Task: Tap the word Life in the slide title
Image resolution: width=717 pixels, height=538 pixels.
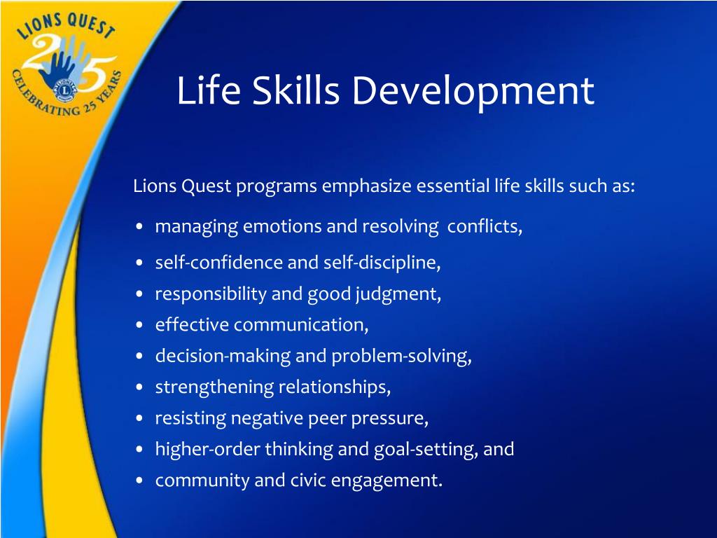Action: pyautogui.click(x=208, y=90)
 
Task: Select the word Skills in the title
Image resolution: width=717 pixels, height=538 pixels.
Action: pyautogui.click(x=296, y=90)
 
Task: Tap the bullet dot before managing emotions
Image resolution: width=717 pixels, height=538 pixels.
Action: pyautogui.click(x=140, y=226)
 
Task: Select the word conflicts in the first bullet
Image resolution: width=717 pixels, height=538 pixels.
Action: pyautogui.click(x=485, y=226)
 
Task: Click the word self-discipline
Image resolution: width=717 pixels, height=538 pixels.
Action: pyautogui.click(x=382, y=263)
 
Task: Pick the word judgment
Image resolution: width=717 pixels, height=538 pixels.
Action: pyautogui.click(x=398, y=294)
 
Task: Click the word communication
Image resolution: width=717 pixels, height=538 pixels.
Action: pyautogui.click(x=301, y=325)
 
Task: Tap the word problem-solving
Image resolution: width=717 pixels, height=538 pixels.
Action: pyautogui.click(x=401, y=357)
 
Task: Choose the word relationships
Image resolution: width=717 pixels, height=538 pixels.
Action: pyautogui.click(x=334, y=387)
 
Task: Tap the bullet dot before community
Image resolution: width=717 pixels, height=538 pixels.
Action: pyautogui.click(x=140, y=481)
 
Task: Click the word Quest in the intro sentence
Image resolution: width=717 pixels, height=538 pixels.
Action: pyautogui.click(x=207, y=186)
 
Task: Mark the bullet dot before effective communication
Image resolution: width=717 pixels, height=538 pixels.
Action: pyautogui.click(x=140, y=325)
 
